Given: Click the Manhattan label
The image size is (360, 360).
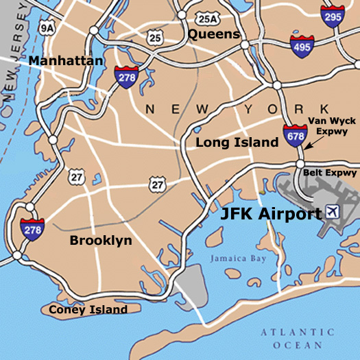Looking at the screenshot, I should point(66,62).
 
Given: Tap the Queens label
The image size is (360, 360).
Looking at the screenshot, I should point(213,34).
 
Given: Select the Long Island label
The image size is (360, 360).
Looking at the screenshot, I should point(237,143).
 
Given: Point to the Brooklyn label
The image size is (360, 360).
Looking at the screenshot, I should point(101,241).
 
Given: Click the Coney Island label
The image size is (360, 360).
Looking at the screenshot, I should point(88,310).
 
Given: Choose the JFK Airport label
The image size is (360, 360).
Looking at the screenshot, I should point(270,214).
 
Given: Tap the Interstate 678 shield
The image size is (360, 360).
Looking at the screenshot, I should point(296,136).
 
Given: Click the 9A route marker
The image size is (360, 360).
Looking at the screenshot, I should point(47,28).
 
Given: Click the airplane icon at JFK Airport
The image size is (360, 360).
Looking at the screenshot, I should point(333,210).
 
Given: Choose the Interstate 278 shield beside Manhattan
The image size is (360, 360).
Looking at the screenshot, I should point(126,77).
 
